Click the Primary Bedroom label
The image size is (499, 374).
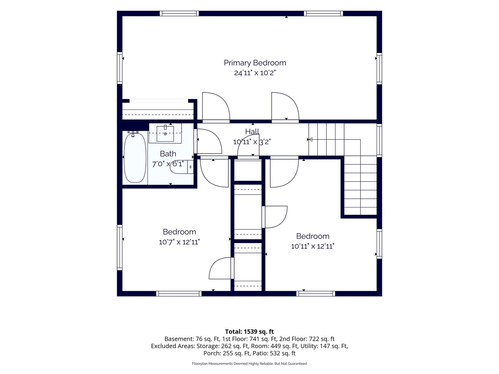point(255,63)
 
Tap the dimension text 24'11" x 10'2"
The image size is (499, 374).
point(255,73)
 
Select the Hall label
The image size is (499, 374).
point(252,132)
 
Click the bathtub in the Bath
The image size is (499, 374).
point(135,158)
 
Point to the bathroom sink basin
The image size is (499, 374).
point(165,134)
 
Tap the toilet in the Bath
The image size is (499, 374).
point(182,167)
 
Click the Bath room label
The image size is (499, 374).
point(168,154)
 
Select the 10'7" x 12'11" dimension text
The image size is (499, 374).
point(180,242)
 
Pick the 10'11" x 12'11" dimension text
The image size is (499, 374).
point(313,246)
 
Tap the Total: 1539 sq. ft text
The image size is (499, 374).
point(249,331)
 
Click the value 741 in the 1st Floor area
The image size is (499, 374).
point(254,339)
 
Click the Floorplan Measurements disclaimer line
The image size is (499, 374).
point(249,364)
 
